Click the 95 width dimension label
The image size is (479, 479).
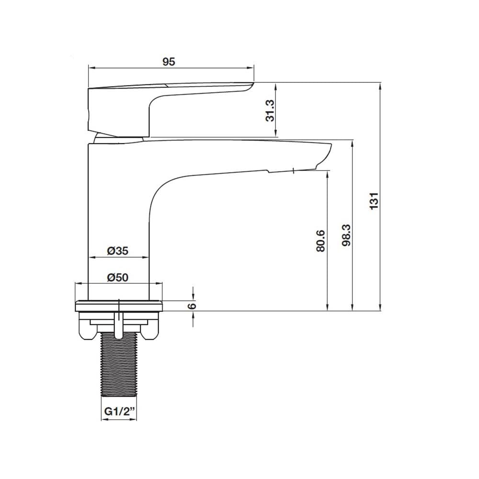[x=169, y=62]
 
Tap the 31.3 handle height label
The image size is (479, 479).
[x=270, y=111]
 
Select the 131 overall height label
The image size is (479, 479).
[x=374, y=201]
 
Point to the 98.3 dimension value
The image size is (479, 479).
[x=346, y=236]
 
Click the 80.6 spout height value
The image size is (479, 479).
[x=320, y=241]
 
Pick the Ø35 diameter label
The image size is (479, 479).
[x=118, y=251]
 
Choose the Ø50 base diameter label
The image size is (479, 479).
[x=118, y=277]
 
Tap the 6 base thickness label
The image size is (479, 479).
[x=192, y=306]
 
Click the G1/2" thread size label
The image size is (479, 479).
[x=119, y=411]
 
